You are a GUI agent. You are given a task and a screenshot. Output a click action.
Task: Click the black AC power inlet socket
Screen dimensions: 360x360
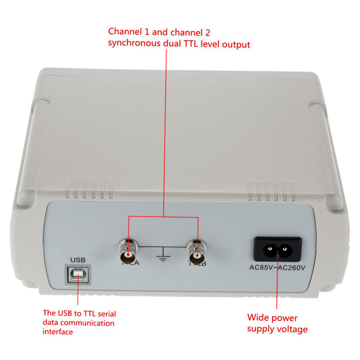click(278, 249)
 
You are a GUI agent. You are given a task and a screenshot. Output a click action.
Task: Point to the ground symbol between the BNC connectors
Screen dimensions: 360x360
click(163, 255)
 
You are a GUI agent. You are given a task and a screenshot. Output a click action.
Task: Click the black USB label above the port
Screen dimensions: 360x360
click(78, 260)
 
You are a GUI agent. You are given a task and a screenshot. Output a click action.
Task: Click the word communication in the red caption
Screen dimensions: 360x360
click(90, 323)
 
